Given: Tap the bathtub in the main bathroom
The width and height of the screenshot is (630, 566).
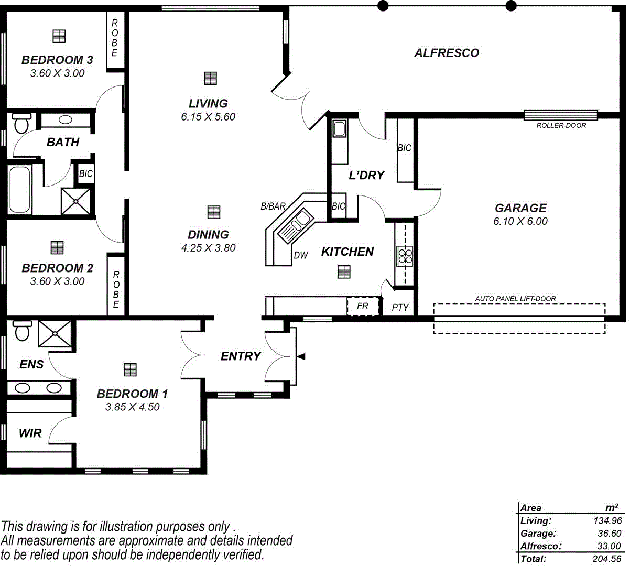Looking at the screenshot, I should click(19, 189).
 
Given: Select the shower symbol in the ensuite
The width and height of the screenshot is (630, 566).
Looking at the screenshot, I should click(55, 332).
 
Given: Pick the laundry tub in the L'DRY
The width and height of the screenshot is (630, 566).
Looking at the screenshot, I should click(339, 129).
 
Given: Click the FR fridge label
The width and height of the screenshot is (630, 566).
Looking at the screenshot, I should click(362, 306).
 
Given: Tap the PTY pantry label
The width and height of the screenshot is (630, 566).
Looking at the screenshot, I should click(400, 308).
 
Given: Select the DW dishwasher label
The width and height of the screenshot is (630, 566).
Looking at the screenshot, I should click(301, 255).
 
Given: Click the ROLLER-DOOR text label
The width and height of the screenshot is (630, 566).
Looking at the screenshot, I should click(561, 126).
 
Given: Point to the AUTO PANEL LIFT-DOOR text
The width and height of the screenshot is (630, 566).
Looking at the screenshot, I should click(516, 299).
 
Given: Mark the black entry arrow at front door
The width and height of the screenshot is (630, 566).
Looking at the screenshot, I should click(301, 356).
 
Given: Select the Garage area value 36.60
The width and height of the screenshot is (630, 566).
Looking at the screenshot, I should click(609, 534).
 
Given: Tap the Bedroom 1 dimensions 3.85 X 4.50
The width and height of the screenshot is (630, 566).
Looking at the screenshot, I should click(132, 407).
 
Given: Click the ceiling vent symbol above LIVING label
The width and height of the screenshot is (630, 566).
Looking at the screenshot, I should click(210, 78).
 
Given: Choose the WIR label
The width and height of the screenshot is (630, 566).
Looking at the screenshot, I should click(30, 433).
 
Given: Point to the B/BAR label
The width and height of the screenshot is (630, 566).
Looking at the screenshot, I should click(273, 206).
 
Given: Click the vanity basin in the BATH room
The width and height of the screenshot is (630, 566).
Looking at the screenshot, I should click(66, 119).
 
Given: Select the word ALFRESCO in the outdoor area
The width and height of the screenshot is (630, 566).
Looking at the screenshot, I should click(447, 53).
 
